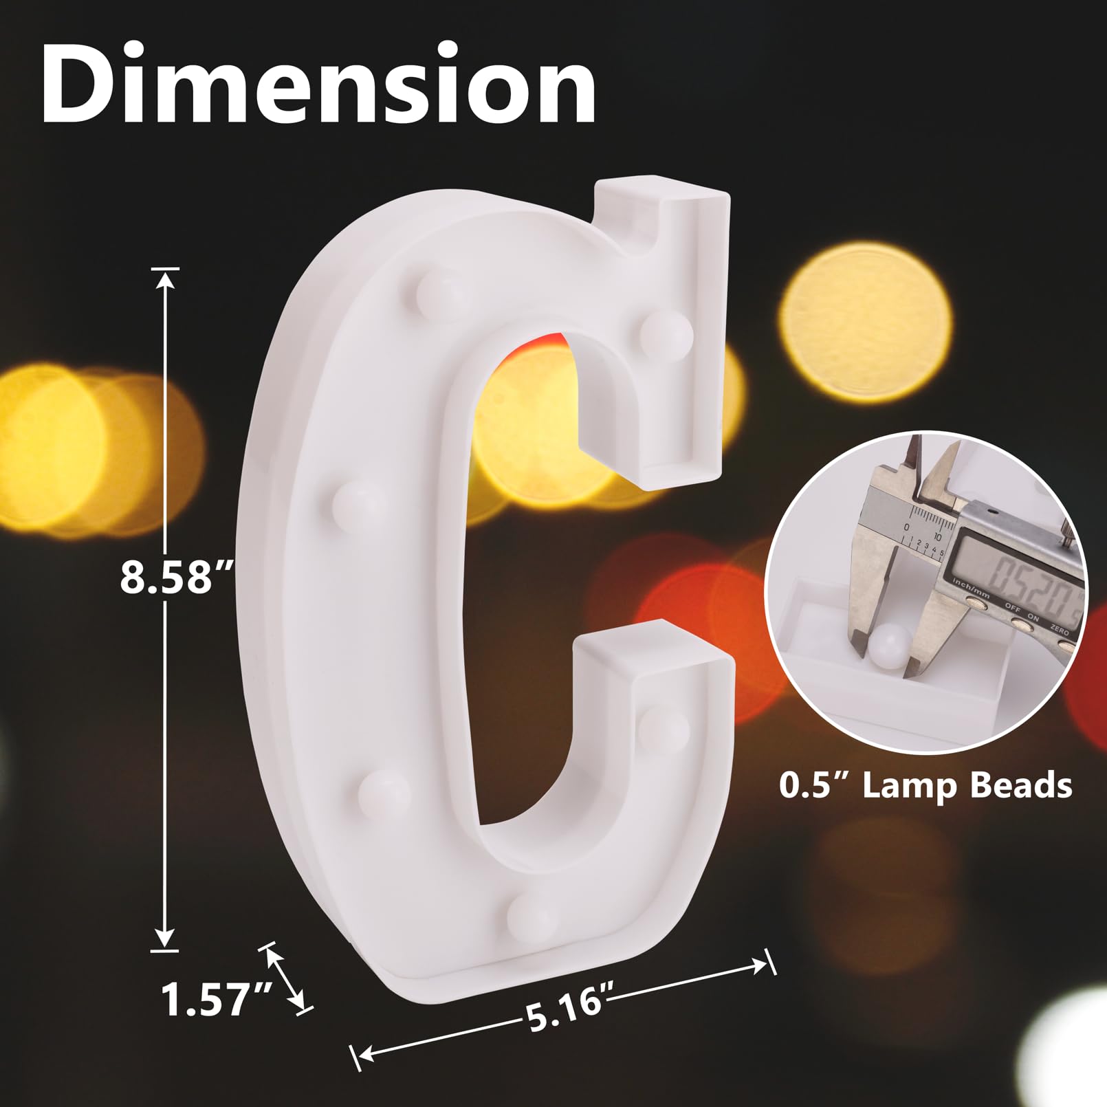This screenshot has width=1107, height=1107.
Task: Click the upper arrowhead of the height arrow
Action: click(165, 278)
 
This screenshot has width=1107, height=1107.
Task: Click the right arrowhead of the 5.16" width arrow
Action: click(759, 964)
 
